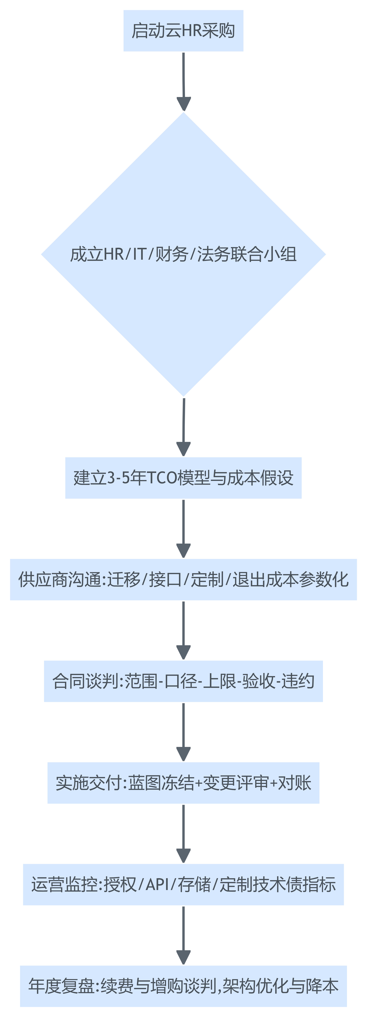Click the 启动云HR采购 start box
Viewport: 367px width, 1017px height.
pos(183,31)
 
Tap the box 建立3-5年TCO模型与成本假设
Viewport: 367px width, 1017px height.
pos(183,478)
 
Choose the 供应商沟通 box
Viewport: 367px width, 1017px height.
pos(183,580)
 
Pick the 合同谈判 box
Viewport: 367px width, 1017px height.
pos(183,681)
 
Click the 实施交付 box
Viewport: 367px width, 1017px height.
pos(183,783)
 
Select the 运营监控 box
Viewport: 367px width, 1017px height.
pos(183,884)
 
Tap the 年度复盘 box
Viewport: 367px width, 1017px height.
pos(183,986)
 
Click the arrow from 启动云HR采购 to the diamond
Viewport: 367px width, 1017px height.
pos(183,81)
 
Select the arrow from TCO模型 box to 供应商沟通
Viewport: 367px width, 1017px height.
pos(183,528)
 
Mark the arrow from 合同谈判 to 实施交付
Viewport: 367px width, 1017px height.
pos(183,732)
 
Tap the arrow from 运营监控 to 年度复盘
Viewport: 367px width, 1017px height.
pos(183,935)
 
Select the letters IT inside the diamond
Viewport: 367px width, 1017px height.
pos(139,254)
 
